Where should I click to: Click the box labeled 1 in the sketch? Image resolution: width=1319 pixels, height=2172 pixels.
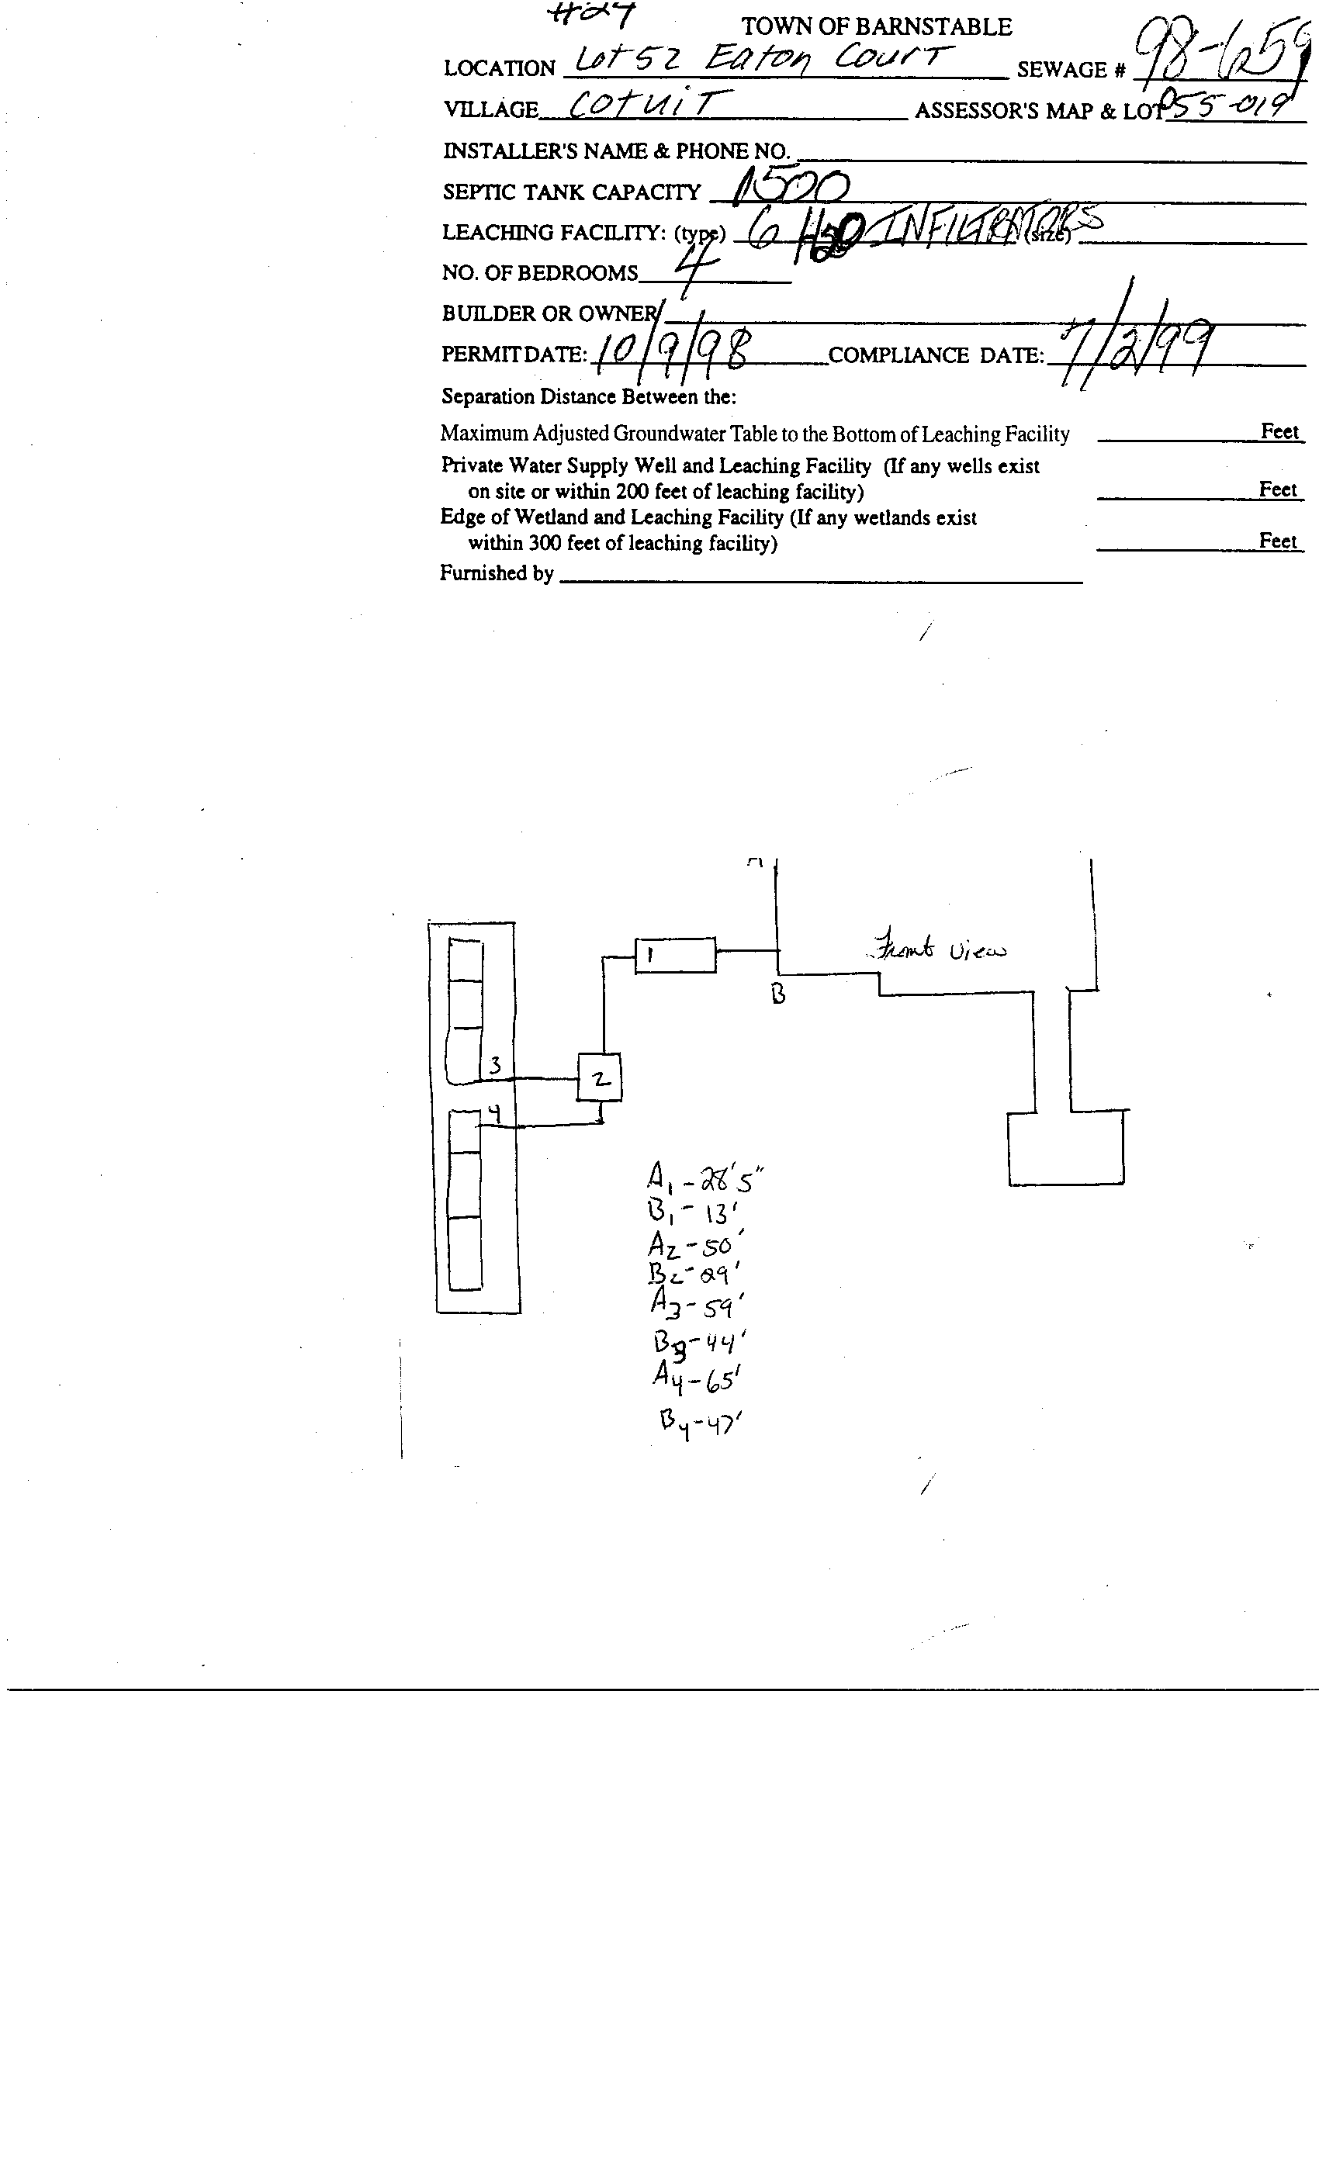click(675, 955)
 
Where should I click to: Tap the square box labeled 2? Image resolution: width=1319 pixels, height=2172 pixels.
click(600, 1077)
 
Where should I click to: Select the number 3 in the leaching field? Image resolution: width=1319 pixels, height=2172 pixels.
click(496, 1066)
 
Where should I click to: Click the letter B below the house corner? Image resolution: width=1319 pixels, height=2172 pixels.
click(777, 994)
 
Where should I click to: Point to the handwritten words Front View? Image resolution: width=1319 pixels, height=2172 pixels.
click(936, 949)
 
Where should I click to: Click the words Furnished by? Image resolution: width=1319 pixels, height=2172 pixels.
click(497, 573)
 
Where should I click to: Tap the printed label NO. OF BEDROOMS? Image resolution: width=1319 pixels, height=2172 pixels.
click(538, 273)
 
